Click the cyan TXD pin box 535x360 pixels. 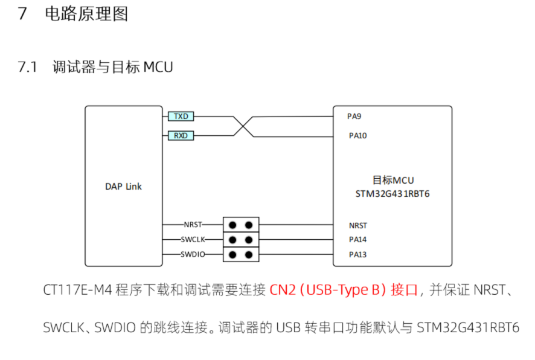tap(181, 116)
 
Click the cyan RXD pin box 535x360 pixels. tap(181, 136)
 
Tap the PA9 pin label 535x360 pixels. tap(354, 116)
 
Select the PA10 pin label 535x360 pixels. tap(357, 136)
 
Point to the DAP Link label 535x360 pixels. tap(123, 187)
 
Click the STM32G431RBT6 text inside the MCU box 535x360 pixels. tap(393, 194)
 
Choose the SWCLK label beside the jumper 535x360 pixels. tap(193, 240)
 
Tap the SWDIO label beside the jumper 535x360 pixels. tap(193, 254)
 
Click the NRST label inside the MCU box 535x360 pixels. tap(357, 226)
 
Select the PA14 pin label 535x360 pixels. tap(357, 240)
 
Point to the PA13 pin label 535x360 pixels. tap(357, 254)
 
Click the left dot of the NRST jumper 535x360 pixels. tap(232, 225)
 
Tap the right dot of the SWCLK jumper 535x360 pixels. tap(249, 240)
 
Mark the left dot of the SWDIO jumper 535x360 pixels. tap(232, 254)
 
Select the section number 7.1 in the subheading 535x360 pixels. tap(28, 67)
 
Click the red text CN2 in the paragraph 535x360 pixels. tap(282, 291)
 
